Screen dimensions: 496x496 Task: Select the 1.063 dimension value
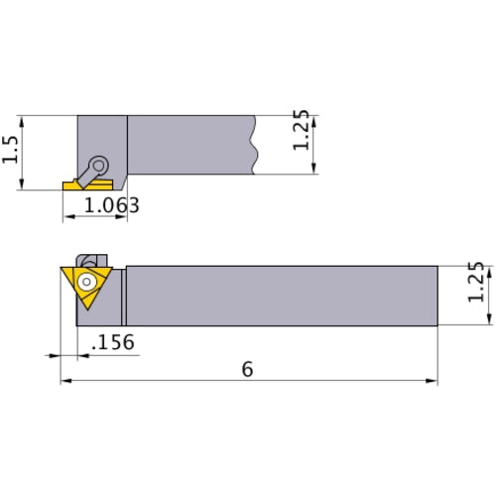110,206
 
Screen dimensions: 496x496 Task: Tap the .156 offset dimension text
112,342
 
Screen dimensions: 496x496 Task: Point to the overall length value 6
247,369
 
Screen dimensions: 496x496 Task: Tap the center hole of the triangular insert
86,281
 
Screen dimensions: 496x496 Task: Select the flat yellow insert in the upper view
76,186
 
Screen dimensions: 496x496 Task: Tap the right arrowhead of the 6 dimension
433,381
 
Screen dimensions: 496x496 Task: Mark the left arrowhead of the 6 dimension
65,381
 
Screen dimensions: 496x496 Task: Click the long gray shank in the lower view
283,295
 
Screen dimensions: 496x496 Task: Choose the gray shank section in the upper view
188,145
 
